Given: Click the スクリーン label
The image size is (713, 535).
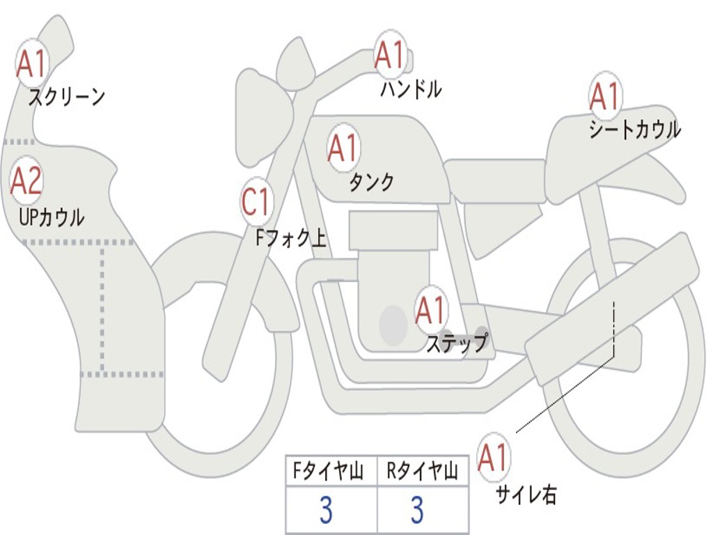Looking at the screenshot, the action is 66,96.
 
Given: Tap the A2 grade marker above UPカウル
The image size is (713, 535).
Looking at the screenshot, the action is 26,181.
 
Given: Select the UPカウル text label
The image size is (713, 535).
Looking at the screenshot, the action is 51,217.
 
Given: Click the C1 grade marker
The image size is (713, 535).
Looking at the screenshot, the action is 256,202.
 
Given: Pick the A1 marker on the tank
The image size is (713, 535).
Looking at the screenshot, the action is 343,148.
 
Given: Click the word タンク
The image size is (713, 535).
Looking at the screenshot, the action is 371,182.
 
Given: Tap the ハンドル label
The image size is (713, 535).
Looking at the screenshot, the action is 411,89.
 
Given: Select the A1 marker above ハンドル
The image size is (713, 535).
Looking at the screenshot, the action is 390,56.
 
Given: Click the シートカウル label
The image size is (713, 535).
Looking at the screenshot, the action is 634,130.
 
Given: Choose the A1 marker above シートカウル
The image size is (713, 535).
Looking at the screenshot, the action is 604,96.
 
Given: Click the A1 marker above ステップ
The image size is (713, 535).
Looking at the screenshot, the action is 430,310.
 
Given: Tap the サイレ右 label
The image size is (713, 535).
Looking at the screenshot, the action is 526,494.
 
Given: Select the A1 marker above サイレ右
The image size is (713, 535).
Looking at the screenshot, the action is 494,458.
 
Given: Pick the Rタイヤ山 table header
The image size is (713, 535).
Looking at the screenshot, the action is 423,472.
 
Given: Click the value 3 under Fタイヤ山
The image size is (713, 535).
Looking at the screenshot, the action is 326,511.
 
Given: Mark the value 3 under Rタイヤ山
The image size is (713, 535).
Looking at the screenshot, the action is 417,511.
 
